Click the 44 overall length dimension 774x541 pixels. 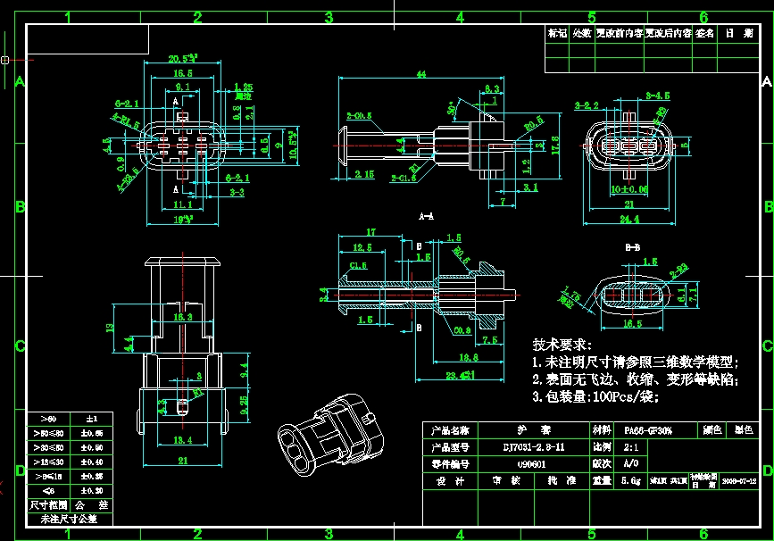[419, 76]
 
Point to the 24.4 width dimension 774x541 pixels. [630, 218]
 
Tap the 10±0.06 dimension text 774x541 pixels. [629, 189]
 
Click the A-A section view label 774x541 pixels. [426, 216]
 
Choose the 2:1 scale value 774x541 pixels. [631, 446]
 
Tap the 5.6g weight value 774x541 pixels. [631, 480]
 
